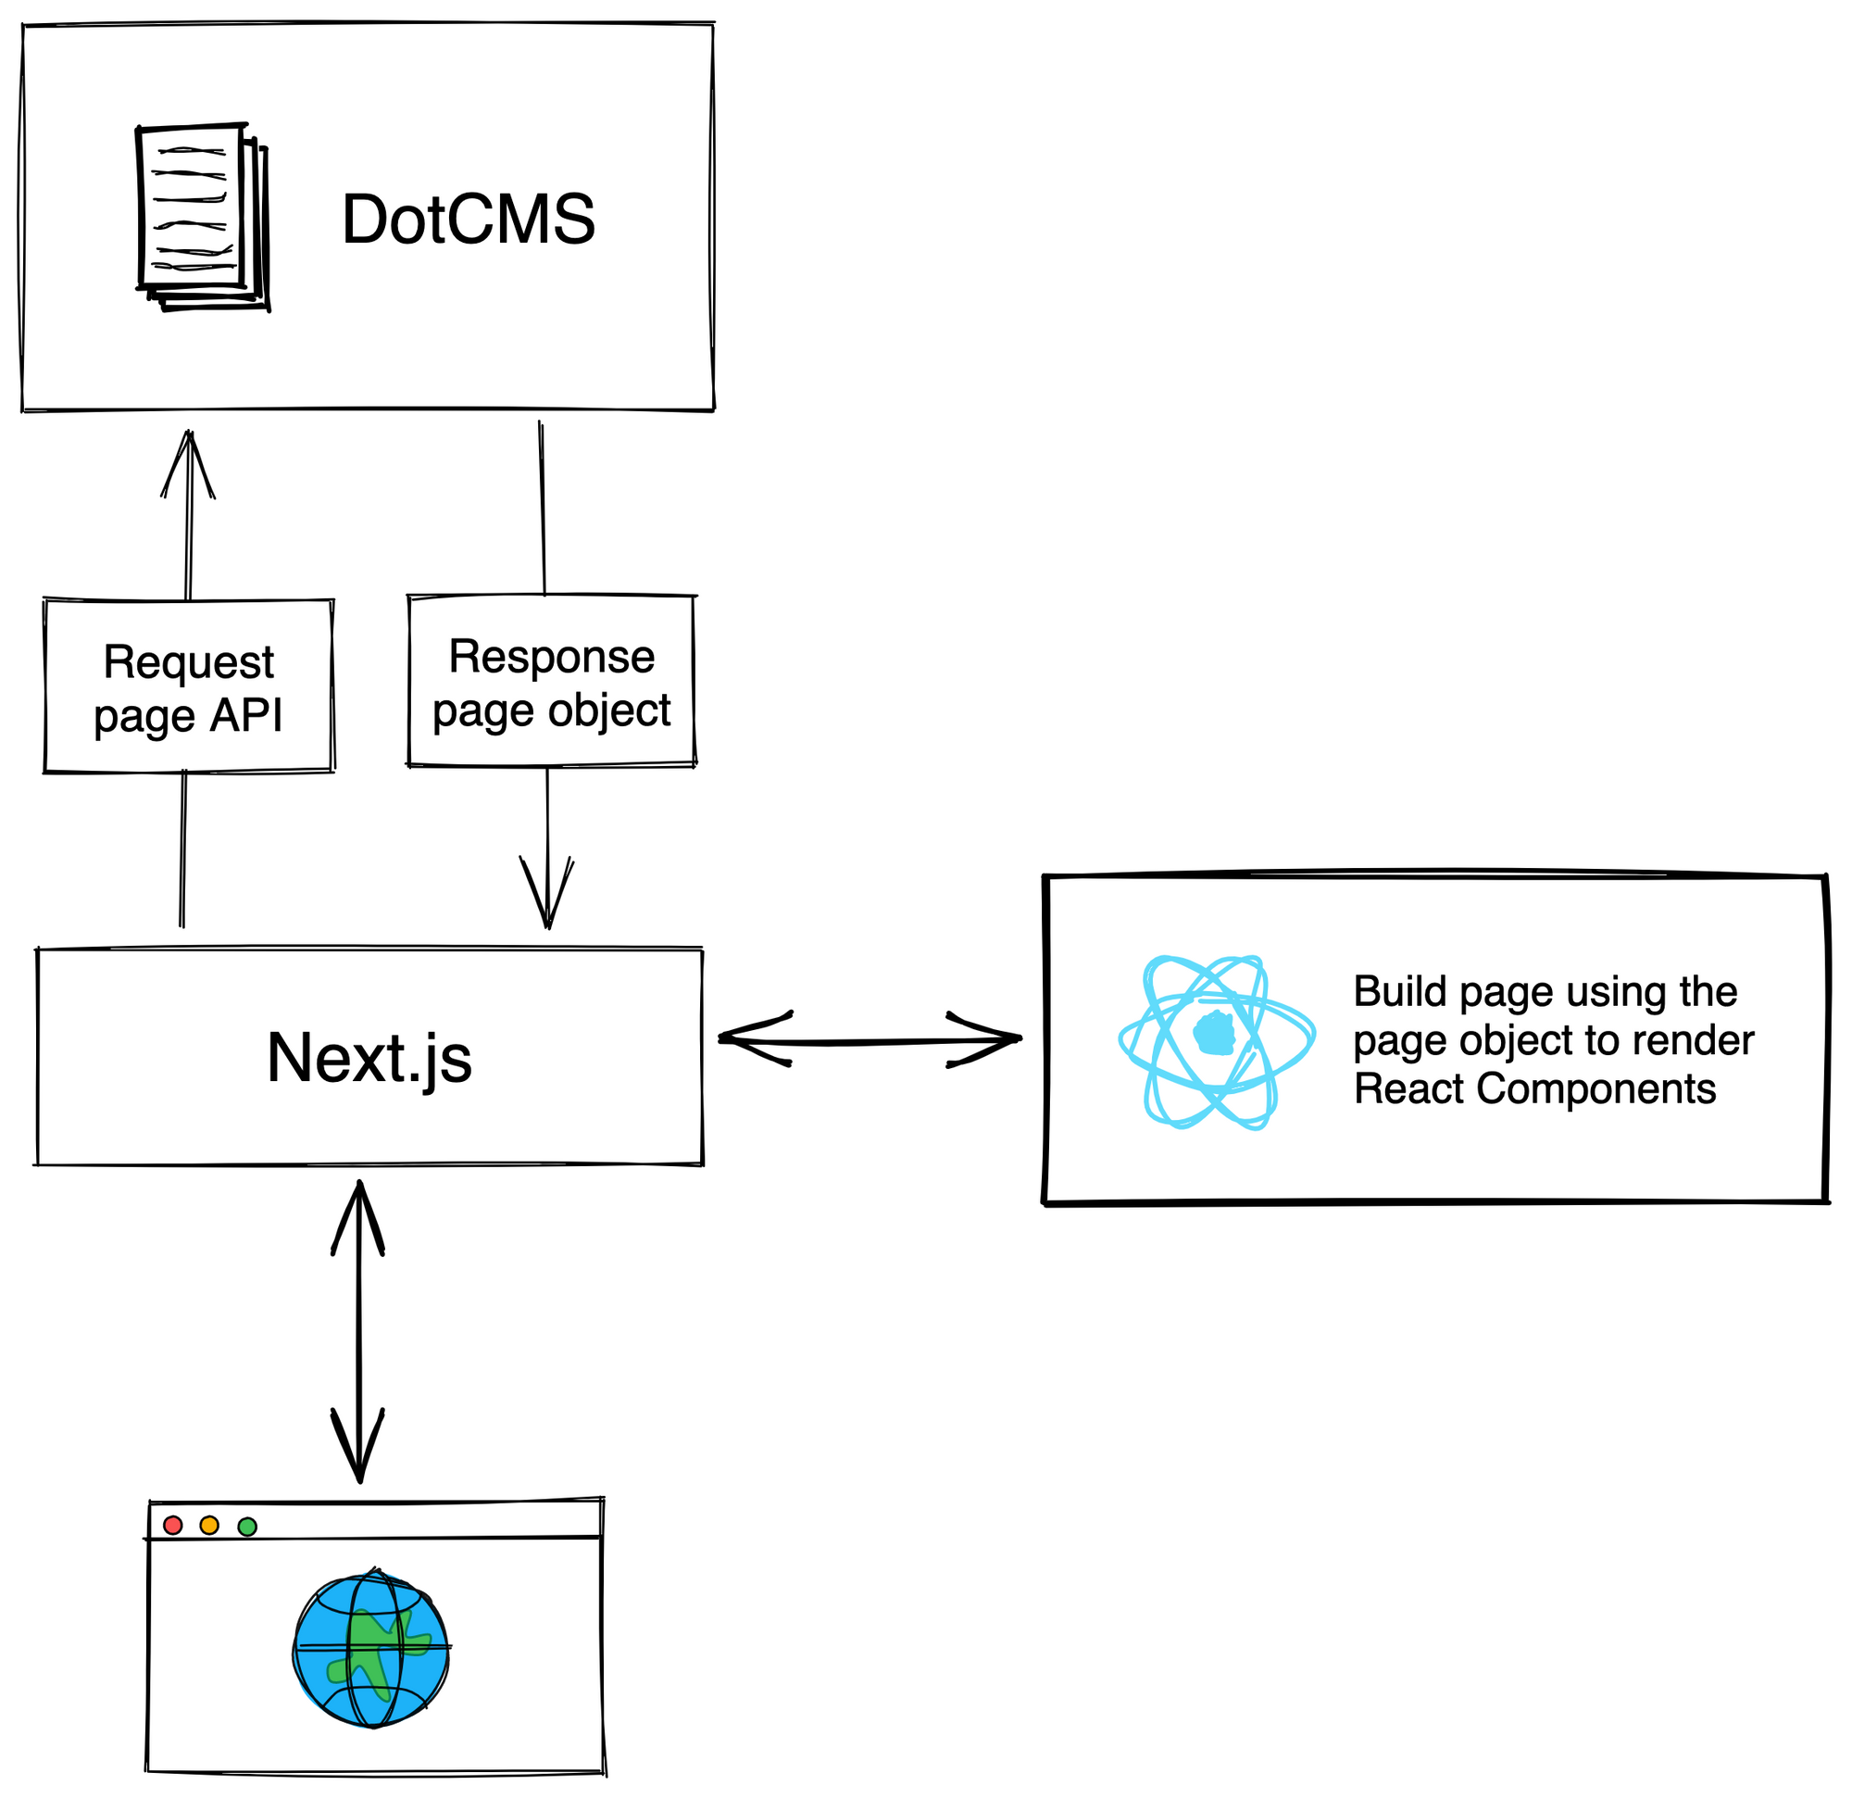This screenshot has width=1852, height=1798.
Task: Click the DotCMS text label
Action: pyautogui.click(x=468, y=220)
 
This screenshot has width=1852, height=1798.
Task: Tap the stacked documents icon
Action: pyautogui.click(x=202, y=218)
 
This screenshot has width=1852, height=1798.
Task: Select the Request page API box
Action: pyautogui.click(x=189, y=687)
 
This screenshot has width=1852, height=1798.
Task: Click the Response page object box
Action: pyautogui.click(x=552, y=682)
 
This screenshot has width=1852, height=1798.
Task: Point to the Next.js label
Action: pyautogui.click(x=369, y=1058)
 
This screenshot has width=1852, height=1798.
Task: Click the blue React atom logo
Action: pyautogui.click(x=1216, y=1043)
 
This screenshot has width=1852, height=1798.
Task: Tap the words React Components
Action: pyautogui.click(x=1534, y=1089)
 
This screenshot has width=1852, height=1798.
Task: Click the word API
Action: pyautogui.click(x=245, y=715)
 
